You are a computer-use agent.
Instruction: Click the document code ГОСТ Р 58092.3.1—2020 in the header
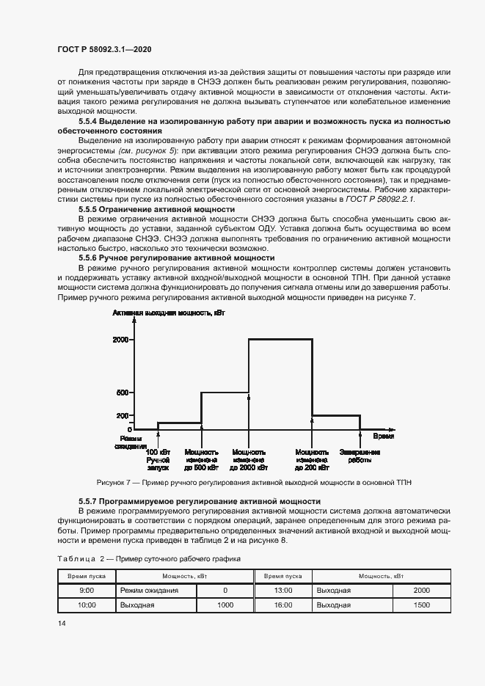pyautogui.click(x=105, y=49)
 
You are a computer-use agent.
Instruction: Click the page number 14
pyautogui.click(x=62, y=623)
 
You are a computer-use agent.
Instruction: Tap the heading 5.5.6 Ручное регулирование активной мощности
pyautogui.click(x=176, y=258)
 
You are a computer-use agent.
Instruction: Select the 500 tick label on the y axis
pyautogui.click(x=123, y=393)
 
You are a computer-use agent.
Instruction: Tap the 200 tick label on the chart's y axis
pyautogui.click(x=123, y=415)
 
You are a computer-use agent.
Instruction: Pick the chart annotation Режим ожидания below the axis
pyautogui.click(x=126, y=441)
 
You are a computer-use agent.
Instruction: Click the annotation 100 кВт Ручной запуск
pyautogui.click(x=158, y=459)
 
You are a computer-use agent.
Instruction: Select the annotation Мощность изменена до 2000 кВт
pyautogui.click(x=249, y=459)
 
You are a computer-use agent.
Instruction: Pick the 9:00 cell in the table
pyautogui.click(x=86, y=590)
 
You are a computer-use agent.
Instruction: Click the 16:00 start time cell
pyautogui.click(x=282, y=605)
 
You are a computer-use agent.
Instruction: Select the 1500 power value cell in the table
pyautogui.click(x=421, y=605)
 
